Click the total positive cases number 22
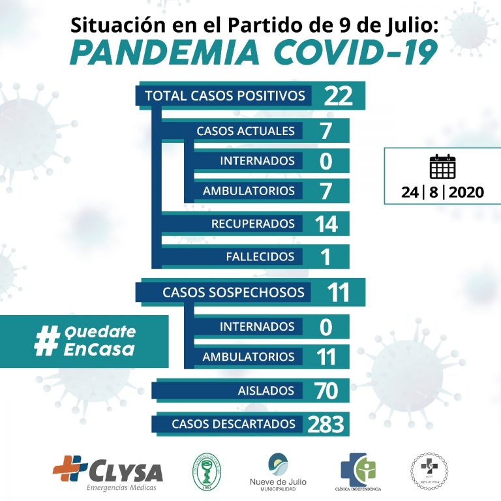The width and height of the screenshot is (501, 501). [338, 96]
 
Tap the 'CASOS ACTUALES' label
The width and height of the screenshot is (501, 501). [245, 130]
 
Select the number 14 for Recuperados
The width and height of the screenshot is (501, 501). [326, 224]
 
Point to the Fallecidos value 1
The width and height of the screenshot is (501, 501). [325, 256]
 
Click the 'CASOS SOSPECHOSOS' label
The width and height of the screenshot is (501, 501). [233, 292]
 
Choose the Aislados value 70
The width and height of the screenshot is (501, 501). [325, 391]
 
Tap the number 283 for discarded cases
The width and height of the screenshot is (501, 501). [326, 424]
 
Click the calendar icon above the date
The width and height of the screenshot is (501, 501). [442, 167]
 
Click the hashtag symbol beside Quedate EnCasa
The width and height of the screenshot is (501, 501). [46, 341]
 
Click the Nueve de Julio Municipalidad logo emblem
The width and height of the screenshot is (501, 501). [282, 464]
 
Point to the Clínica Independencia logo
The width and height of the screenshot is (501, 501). [358, 468]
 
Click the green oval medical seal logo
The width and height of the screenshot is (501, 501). [207, 470]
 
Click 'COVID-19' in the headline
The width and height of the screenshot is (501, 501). [355, 53]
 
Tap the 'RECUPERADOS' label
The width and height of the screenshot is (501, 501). [252, 224]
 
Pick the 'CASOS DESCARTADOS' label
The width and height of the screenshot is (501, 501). [237, 424]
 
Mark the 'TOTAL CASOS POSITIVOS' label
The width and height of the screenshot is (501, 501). [225, 96]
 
